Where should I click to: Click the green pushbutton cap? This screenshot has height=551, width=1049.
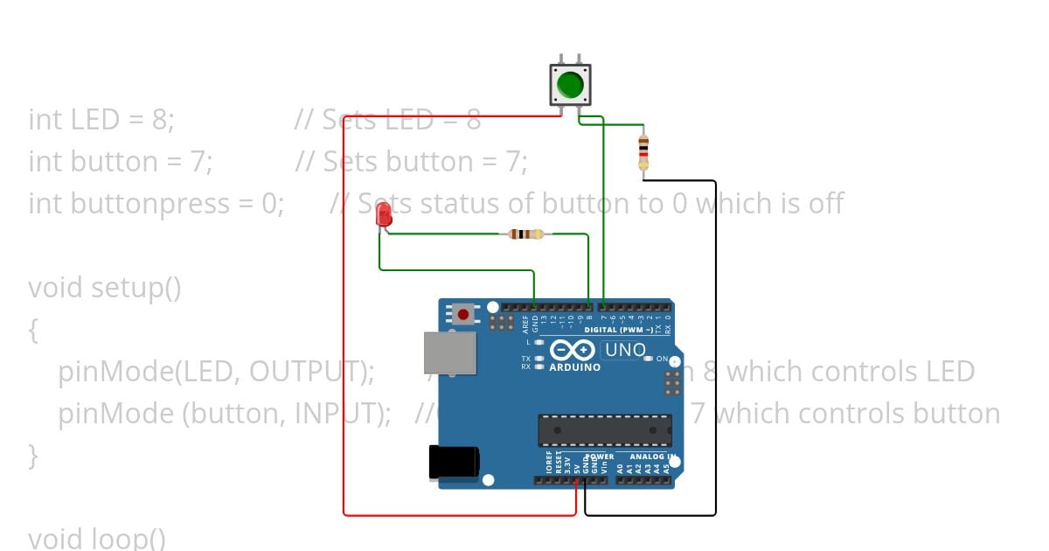tap(570, 85)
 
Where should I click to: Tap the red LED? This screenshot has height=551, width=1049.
tap(383, 215)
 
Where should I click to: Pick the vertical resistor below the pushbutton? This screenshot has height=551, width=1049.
tap(643, 152)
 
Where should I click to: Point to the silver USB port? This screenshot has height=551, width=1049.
tap(449, 352)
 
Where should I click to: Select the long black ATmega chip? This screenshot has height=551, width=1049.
tap(605, 430)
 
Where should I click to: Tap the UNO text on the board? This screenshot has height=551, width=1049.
tap(625, 351)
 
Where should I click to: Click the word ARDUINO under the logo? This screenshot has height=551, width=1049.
tap(574, 367)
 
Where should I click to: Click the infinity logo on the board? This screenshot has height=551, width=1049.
tap(573, 351)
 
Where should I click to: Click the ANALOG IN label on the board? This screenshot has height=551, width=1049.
tap(650, 457)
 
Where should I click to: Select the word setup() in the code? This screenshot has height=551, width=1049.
tap(136, 287)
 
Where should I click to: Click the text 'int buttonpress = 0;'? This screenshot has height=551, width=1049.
tap(156, 203)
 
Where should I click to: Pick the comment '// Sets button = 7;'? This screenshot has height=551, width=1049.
tap(411, 161)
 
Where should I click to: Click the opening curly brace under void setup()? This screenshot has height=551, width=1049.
tap(33, 330)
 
